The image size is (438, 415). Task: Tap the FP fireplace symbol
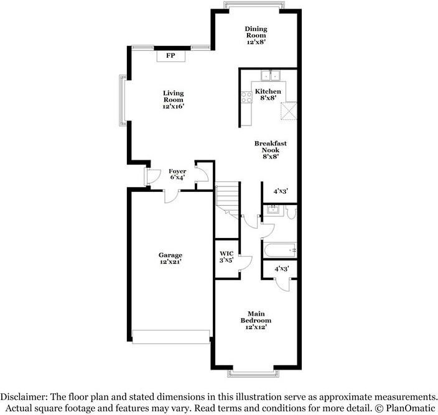click(x=170, y=57)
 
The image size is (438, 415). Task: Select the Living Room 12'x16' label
click(x=174, y=100)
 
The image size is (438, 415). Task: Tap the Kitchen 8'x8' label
click(x=269, y=95)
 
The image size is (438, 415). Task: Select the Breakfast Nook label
click(x=266, y=150)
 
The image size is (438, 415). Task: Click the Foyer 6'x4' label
click(x=178, y=175)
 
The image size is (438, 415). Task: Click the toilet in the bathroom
click(x=292, y=213)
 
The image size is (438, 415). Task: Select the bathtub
click(x=281, y=250)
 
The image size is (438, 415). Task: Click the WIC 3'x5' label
click(x=227, y=257)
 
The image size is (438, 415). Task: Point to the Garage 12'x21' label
click(x=170, y=258)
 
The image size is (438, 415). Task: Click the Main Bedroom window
click(x=256, y=373)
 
